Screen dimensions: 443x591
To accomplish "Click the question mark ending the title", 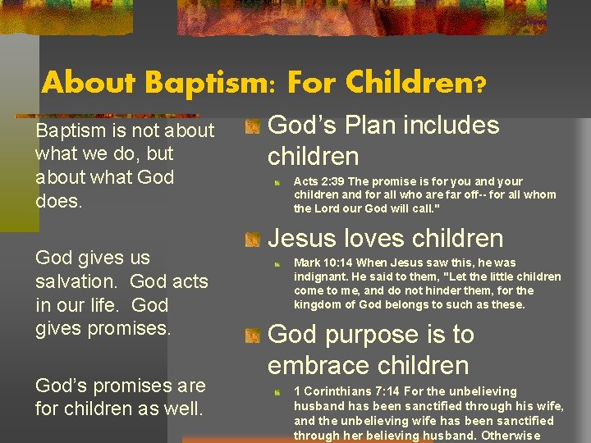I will [x=479, y=84].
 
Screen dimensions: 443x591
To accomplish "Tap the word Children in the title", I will [x=407, y=82].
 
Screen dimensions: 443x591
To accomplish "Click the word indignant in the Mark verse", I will [x=322, y=277].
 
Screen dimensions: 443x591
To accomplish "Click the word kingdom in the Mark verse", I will [x=321, y=304].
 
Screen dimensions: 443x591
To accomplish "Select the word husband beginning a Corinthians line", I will [x=318, y=405].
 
